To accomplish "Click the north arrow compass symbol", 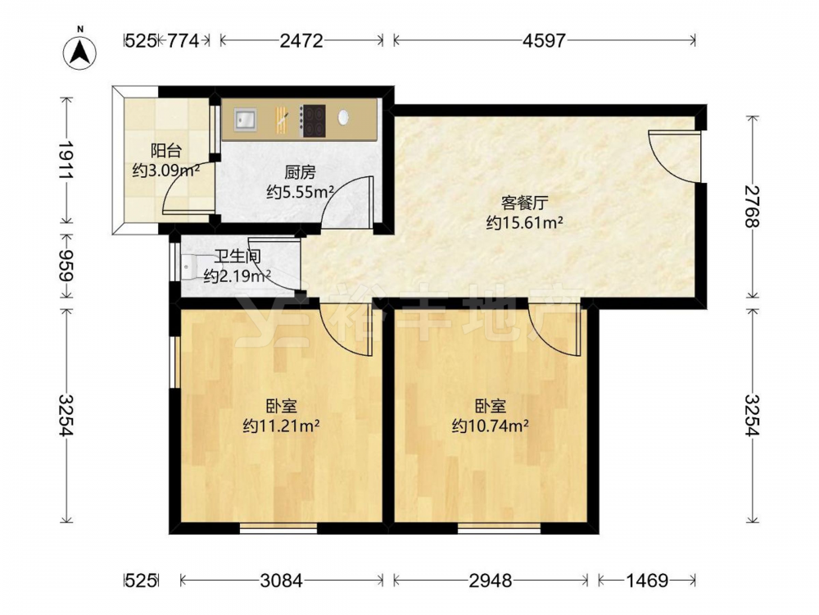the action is point(80,52).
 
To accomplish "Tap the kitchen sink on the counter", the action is point(245,119).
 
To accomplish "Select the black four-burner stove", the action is point(314,121).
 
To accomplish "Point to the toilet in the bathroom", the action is point(187,266).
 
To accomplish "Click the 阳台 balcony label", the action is point(166,151).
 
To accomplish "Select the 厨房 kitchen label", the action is point(300,172).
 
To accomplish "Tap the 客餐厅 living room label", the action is point(524,203).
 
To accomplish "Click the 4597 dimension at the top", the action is point(545,40).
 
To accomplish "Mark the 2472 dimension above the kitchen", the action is point(301,40).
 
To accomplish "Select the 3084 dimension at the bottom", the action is point(282,581).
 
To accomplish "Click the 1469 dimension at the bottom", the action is point(647,581).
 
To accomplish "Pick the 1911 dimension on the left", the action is point(66,160).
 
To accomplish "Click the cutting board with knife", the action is point(282,120).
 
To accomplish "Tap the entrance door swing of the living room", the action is point(674,157).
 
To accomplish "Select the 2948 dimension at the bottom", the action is point(490,581).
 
